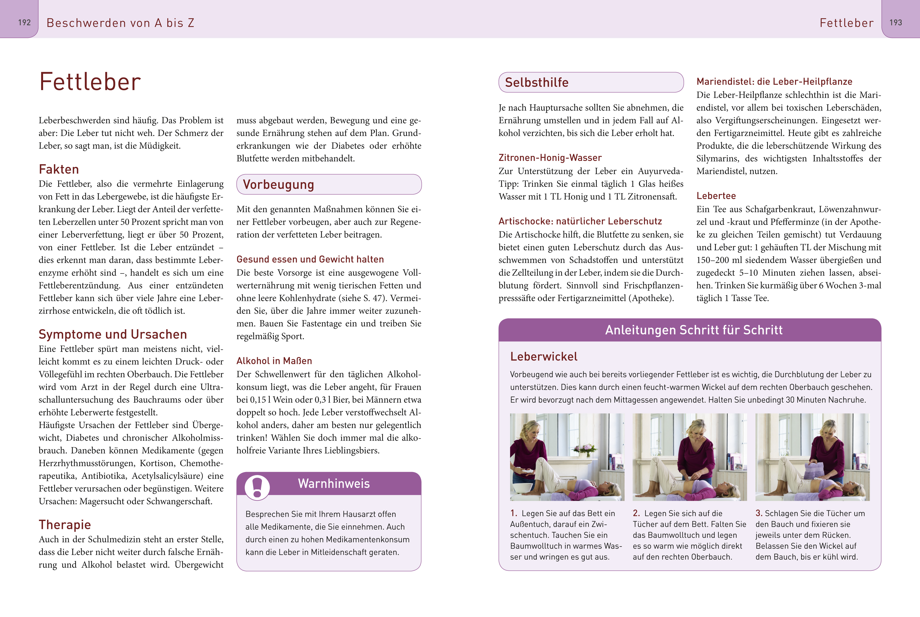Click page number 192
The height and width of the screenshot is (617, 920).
pyautogui.click(x=24, y=22)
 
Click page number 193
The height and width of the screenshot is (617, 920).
pyautogui.click(x=896, y=22)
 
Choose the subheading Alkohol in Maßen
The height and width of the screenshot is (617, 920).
pyautogui.click(x=274, y=361)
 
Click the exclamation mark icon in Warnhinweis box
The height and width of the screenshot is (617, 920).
pyautogui.click(x=257, y=487)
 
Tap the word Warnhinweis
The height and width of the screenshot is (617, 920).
pyautogui.click(x=334, y=484)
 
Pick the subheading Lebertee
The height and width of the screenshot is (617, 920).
pyautogui.click(x=716, y=196)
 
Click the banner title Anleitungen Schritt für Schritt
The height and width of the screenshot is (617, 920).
pyautogui.click(x=693, y=330)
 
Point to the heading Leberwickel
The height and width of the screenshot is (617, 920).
pyautogui.click(x=544, y=357)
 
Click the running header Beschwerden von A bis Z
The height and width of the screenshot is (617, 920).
pyautogui.click(x=120, y=23)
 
